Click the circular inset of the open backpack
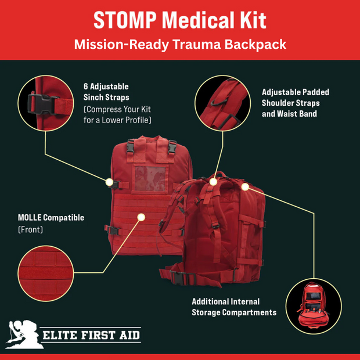point(313,305)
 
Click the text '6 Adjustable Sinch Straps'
point(106,92)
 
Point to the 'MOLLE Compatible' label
point(51,218)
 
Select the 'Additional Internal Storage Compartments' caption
point(233,307)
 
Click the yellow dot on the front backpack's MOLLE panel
point(141,217)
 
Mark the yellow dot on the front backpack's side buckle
point(109,182)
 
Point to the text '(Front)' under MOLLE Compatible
point(31,230)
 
